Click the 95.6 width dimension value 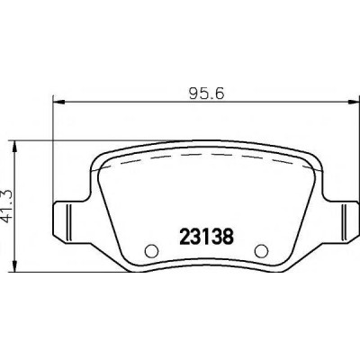pyautogui.click(x=207, y=94)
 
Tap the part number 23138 pyautogui.click(x=206, y=237)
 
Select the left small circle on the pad pyautogui.click(x=151, y=250)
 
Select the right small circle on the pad pyautogui.click(x=261, y=250)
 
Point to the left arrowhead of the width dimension pyautogui.click(x=58, y=103)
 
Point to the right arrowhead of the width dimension pyautogui.click(x=354, y=103)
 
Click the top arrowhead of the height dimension pyautogui.click(x=14, y=147)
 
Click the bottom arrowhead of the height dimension pyautogui.click(x=14, y=266)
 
